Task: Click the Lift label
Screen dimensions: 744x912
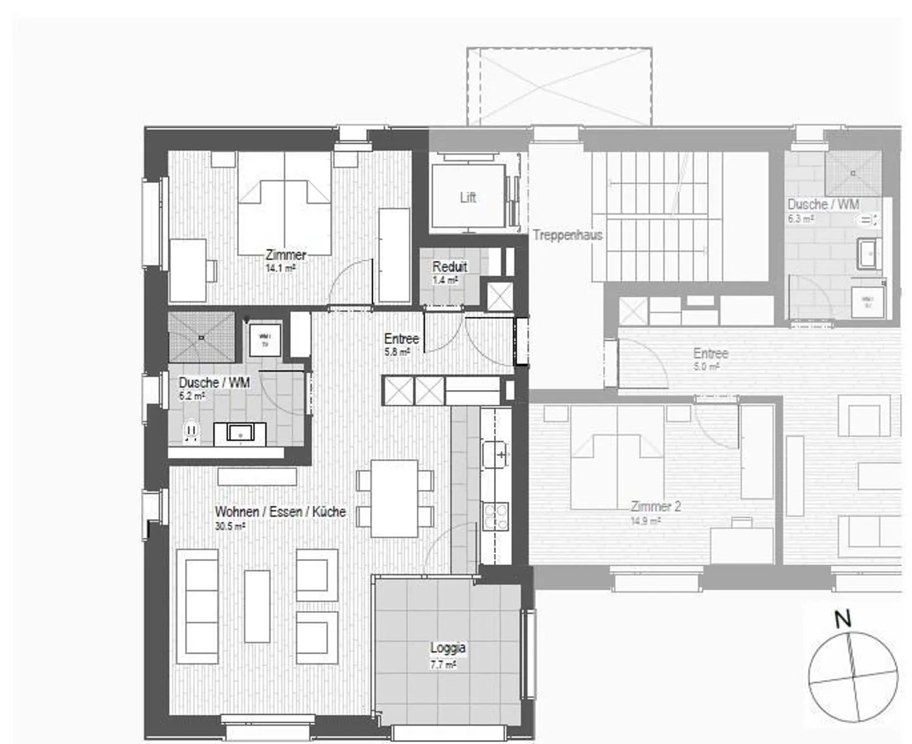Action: pos(468,198)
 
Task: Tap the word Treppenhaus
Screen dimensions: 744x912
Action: pos(567,235)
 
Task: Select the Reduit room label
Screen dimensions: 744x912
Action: pos(450,267)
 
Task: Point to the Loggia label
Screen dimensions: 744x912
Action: pos(448,648)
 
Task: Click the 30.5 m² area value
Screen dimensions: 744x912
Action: pos(230,526)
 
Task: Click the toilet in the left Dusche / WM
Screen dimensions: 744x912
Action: pos(191,432)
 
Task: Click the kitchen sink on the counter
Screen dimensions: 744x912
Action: pos(495,454)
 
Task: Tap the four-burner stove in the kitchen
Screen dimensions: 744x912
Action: pos(495,515)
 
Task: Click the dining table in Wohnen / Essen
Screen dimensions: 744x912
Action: pos(394,498)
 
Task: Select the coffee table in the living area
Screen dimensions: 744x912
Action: pos(257,606)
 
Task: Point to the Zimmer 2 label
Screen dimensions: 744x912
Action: pos(655,507)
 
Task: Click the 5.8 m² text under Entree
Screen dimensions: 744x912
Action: pos(397,352)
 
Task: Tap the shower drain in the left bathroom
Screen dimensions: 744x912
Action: pos(201,337)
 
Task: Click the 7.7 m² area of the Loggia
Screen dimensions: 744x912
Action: pos(443,665)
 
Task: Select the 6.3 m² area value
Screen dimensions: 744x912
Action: pos(800,219)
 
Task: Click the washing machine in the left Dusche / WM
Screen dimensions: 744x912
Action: pos(265,340)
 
